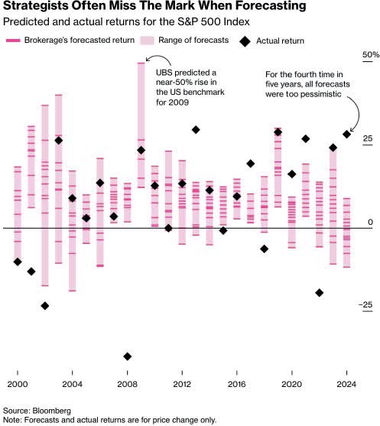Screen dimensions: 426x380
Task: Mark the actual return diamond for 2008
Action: pyautogui.click(x=127, y=356)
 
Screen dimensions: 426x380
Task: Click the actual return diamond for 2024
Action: pyautogui.click(x=347, y=134)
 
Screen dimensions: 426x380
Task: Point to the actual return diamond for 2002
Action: pyautogui.click(x=44, y=305)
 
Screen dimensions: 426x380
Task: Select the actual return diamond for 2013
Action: pyautogui.click(x=196, y=130)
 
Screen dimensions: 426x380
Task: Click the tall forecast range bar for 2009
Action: pyautogui.click(x=141, y=122)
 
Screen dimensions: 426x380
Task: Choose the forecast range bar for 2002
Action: pyautogui.click(x=44, y=195)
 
